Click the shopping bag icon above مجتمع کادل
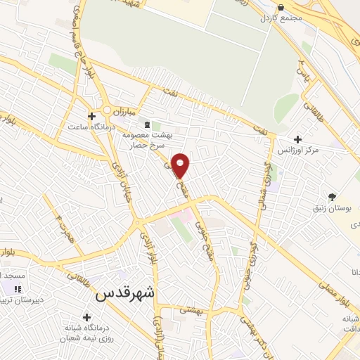tap(281, 7)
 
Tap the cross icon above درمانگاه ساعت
tap(91, 116)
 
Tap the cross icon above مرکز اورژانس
tap(298, 140)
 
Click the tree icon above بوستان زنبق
tap(332, 197)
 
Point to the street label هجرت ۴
tap(65, 226)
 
